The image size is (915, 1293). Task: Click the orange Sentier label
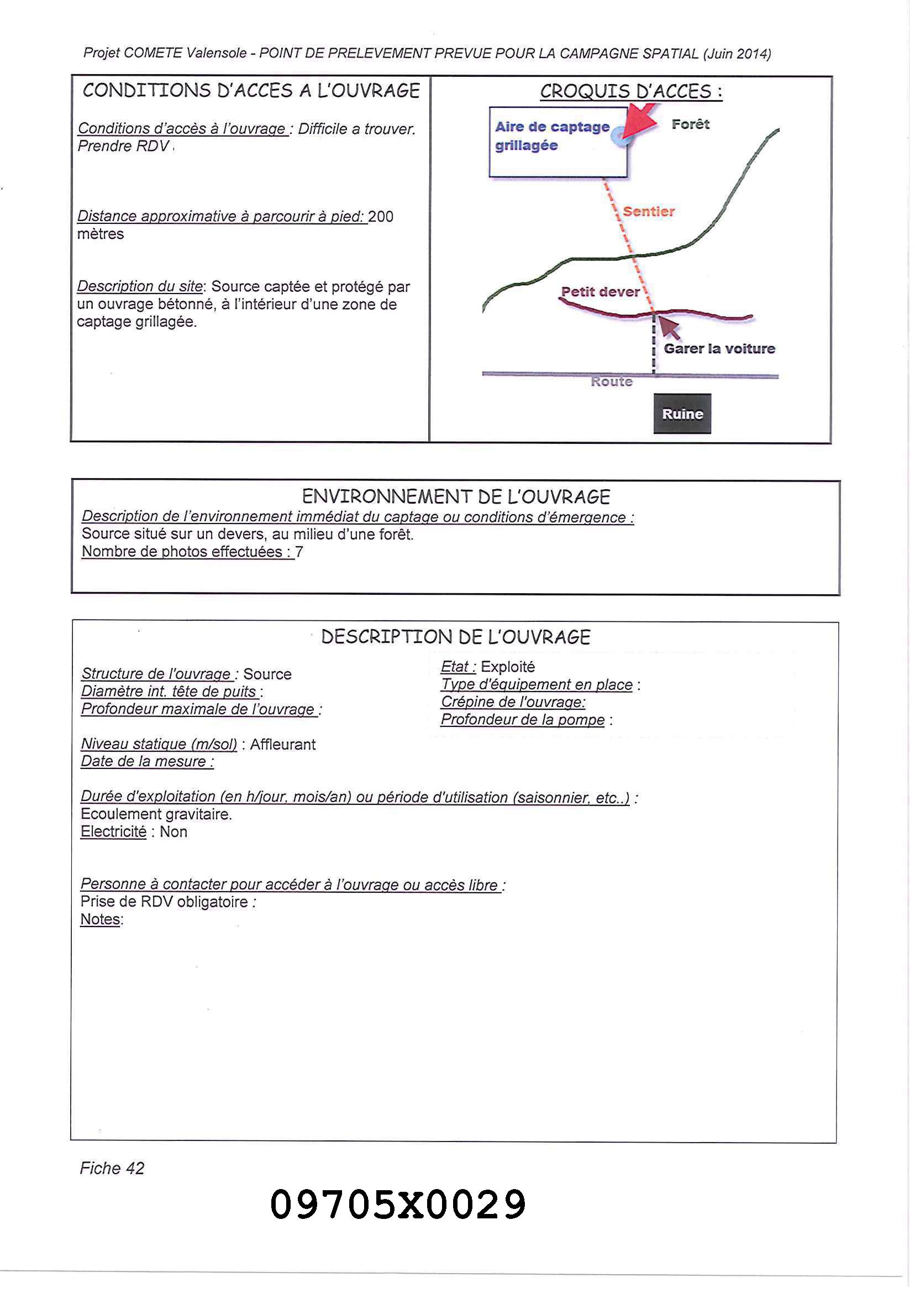pyautogui.click(x=649, y=211)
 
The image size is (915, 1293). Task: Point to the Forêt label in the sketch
pyautogui.click(x=690, y=124)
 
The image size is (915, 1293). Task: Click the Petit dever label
pyautogui.click(x=600, y=291)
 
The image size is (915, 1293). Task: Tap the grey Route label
pyautogui.click(x=611, y=381)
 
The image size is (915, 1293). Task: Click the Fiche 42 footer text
pyautogui.click(x=112, y=1168)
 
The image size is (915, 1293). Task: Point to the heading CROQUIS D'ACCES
pyautogui.click(x=631, y=91)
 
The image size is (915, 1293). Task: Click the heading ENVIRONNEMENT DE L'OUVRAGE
pyautogui.click(x=456, y=496)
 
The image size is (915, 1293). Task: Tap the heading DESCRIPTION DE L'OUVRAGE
pyautogui.click(x=455, y=637)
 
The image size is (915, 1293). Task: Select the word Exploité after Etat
pyautogui.click(x=508, y=667)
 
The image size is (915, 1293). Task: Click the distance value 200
pyautogui.click(x=380, y=217)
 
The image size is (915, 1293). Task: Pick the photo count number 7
pyautogui.click(x=299, y=552)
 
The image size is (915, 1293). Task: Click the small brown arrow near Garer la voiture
pyautogui.click(x=669, y=327)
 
